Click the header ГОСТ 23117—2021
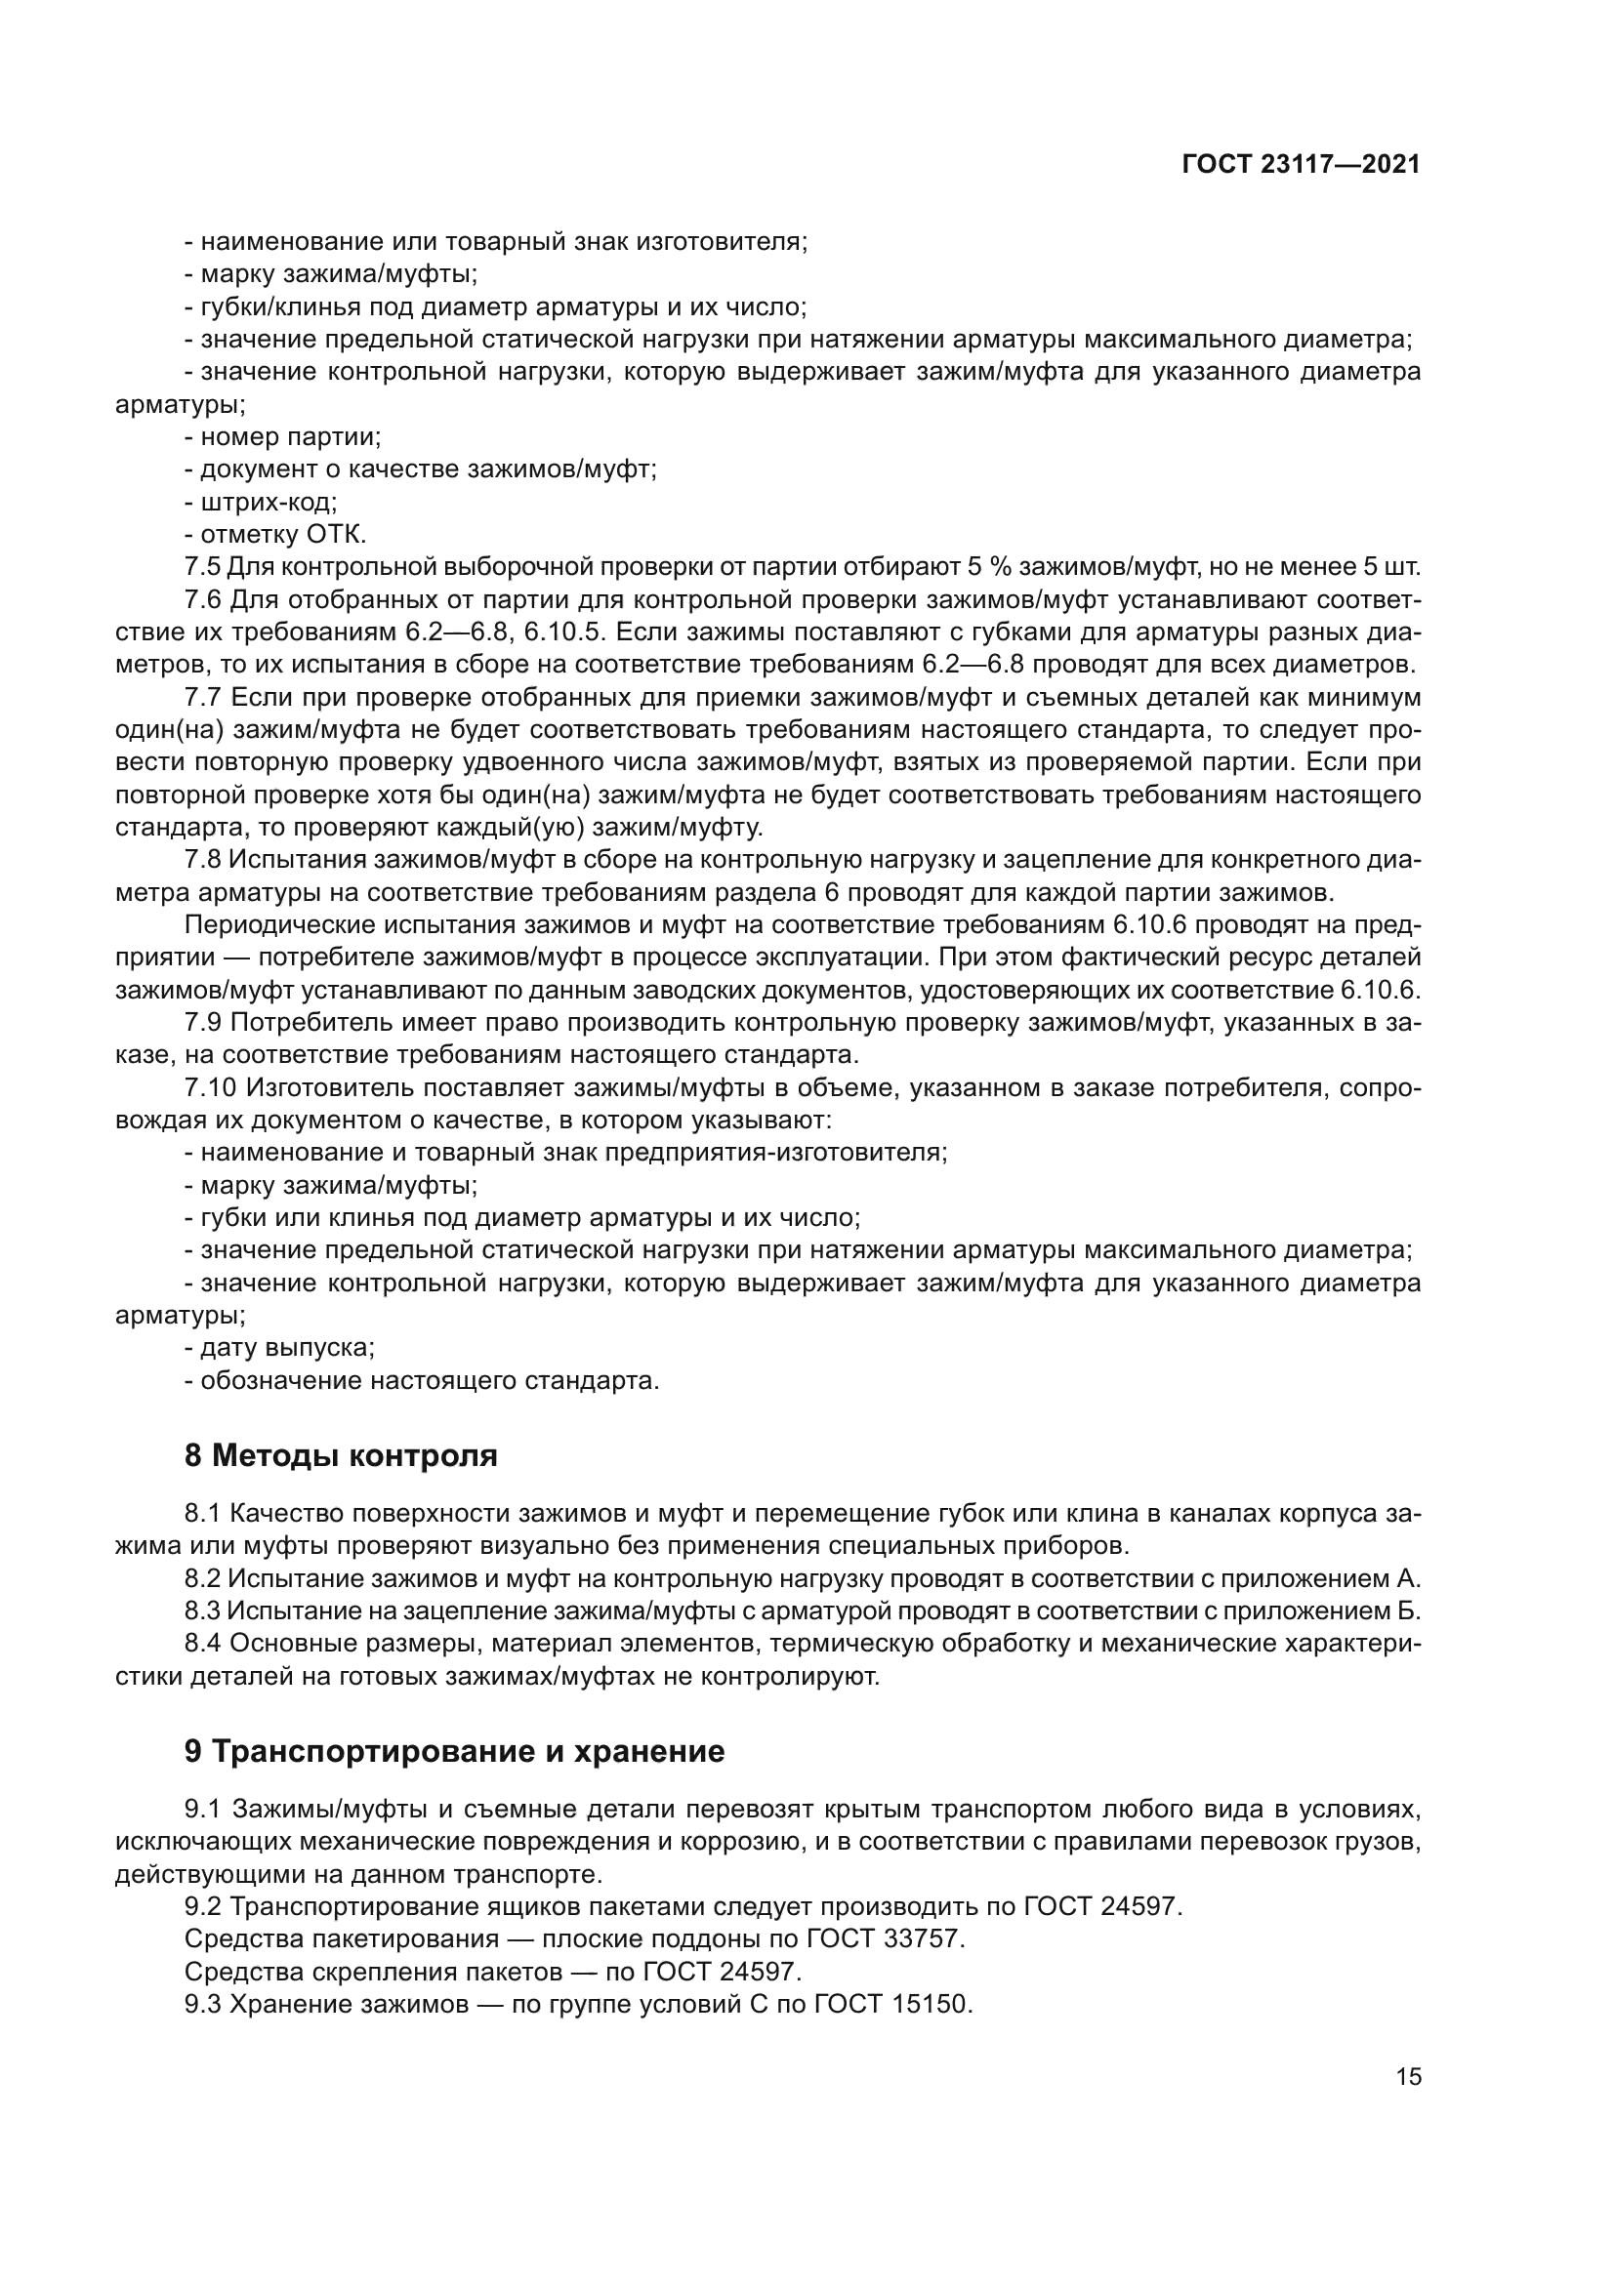click(x=1300, y=165)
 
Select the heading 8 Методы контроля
click(x=340, y=1455)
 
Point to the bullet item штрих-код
click(x=261, y=502)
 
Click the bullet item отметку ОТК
click(x=275, y=535)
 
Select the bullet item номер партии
click(x=282, y=436)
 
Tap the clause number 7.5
click(x=202, y=568)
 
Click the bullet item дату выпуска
click(x=279, y=1348)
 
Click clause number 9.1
click(x=203, y=1808)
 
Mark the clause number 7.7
click(x=202, y=697)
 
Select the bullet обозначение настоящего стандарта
click(x=422, y=1381)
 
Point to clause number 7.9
click(x=202, y=1022)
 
